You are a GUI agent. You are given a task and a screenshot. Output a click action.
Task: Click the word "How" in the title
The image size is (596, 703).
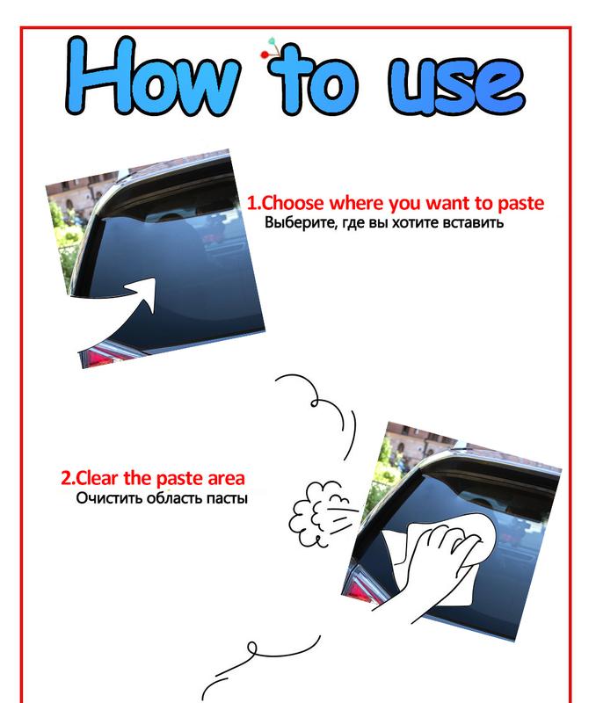153,76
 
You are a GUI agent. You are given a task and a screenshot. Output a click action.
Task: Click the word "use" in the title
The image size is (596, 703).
456,84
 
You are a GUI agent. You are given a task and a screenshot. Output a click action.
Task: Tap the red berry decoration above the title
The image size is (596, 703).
264,54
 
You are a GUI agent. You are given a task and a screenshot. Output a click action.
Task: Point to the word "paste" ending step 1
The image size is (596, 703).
520,204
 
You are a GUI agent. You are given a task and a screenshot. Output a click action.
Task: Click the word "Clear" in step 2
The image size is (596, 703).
97,478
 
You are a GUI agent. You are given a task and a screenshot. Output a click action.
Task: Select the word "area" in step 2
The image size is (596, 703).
227,479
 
